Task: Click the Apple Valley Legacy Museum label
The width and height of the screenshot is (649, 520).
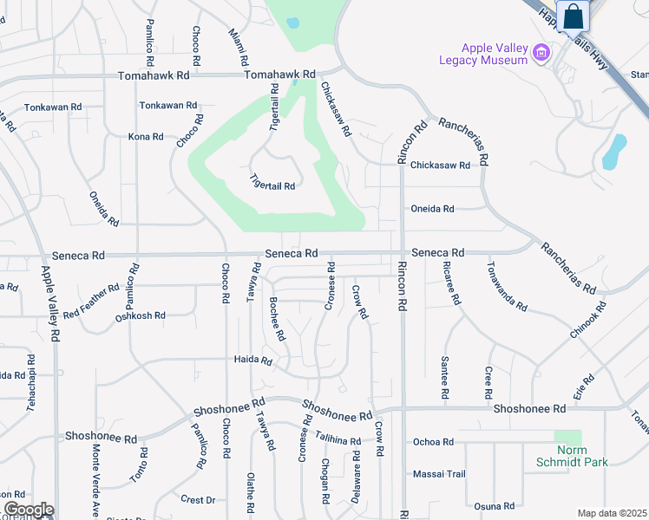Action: [x=495, y=54]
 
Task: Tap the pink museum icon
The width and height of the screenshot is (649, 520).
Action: [x=541, y=54]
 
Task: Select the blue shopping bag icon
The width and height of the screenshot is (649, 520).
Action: [x=574, y=16]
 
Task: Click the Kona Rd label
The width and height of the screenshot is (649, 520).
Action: [x=146, y=137]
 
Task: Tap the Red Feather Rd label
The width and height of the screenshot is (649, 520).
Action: [x=91, y=300]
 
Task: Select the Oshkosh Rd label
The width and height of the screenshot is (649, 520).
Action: [x=141, y=316]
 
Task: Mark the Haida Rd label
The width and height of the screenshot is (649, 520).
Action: [x=253, y=361]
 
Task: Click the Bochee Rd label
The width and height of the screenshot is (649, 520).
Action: [x=277, y=319]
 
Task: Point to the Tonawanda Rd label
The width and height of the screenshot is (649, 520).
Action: [x=507, y=286]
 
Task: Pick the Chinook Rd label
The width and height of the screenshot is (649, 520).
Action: [x=590, y=318]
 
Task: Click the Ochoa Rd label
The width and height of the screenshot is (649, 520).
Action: [x=434, y=442]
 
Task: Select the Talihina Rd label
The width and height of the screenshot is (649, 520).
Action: [x=338, y=439]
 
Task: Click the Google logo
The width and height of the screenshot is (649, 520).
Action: [x=29, y=510]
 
